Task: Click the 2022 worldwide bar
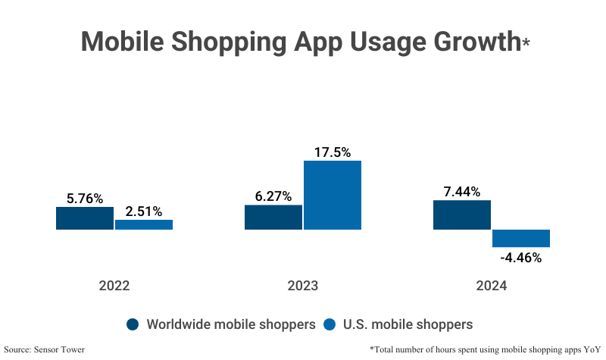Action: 84,218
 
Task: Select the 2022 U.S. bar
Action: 144,224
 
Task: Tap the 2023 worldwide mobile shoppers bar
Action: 273,217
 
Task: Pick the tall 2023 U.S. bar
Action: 333,195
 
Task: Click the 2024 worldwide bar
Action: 461,214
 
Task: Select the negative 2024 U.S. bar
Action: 521,238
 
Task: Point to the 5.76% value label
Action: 85,199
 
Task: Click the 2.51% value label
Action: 144,211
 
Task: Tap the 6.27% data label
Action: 273,196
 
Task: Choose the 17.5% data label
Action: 333,152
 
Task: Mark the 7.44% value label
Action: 462,192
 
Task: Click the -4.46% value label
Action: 521,258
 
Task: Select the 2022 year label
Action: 114,286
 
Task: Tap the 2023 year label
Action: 303,286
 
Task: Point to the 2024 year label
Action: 492,286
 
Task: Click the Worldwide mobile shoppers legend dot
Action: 133,324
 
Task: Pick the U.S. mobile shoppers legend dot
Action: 330,324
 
